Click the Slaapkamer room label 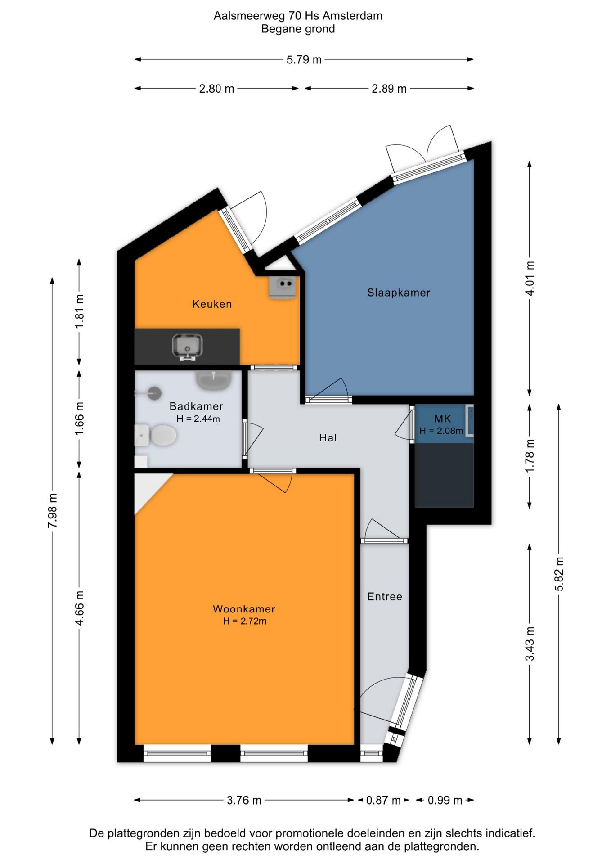pos(399,292)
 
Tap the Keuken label pos(212,304)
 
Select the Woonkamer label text pos(244,609)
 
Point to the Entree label pos(385,597)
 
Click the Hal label pos(328,438)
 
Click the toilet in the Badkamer pos(156,435)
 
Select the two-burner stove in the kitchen pos(283,287)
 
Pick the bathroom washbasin pos(214,381)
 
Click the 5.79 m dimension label pos(304,60)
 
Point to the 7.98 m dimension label pos(53,511)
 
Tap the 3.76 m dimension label pos(244,801)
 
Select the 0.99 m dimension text pos(445,801)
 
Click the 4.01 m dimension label pos(530,279)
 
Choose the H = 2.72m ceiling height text pos(245,621)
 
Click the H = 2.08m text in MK pos(441,431)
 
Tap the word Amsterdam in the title pos(352,16)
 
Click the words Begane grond pos(298,29)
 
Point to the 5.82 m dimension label pos(559,574)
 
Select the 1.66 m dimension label pos(79,418)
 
